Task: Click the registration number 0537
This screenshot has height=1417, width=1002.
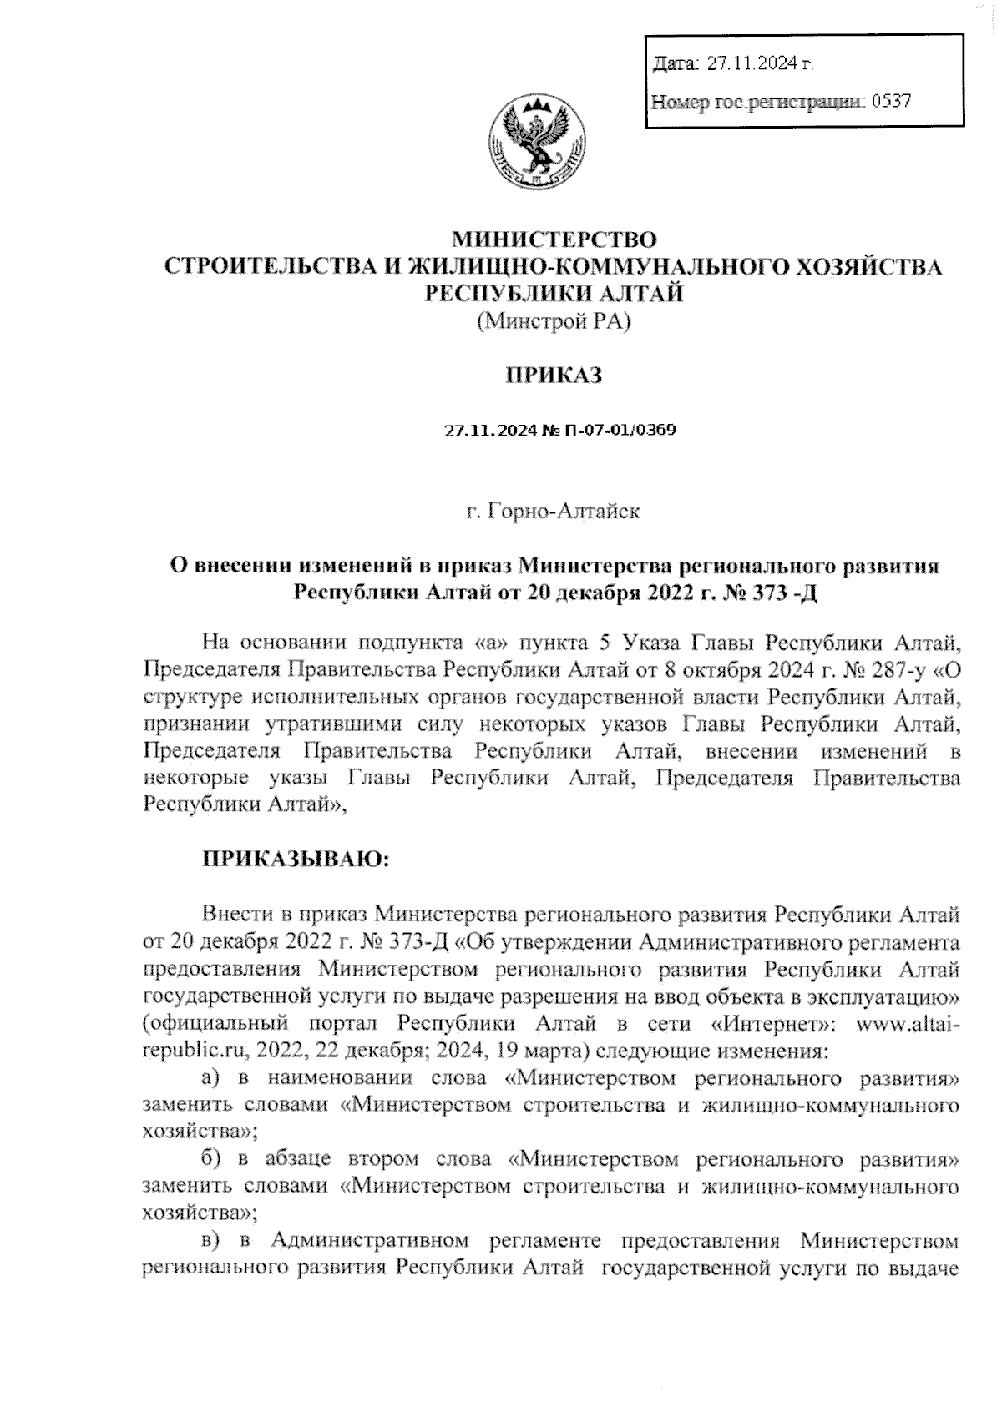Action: click(891, 102)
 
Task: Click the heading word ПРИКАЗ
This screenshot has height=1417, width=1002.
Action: click(552, 376)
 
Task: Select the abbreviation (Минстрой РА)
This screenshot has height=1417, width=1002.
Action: click(552, 320)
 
